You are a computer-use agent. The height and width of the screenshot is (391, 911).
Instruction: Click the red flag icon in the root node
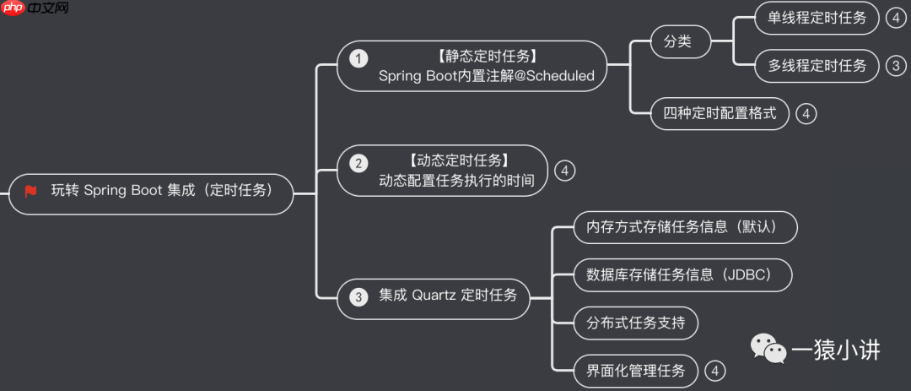pos(31,191)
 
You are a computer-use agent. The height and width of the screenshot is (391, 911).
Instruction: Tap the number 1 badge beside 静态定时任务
pos(359,58)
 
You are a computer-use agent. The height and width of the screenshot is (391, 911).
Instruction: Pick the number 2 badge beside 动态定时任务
pos(359,163)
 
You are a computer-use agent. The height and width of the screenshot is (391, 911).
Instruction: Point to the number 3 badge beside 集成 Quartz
pos(359,296)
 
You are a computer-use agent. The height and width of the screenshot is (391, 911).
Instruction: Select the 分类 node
pos(679,41)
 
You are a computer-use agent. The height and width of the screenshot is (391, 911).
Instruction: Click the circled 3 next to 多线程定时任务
pos(895,66)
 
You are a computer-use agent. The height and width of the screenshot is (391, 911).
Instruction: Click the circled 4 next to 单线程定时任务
pos(895,18)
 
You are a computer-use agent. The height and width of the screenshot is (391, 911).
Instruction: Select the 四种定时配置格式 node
pos(720,113)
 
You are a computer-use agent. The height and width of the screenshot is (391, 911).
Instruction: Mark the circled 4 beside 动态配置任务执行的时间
pos(564,171)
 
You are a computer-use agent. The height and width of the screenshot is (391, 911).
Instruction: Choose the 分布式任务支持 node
pos(635,323)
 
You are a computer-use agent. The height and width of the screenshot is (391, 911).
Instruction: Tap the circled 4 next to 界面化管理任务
pos(714,371)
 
